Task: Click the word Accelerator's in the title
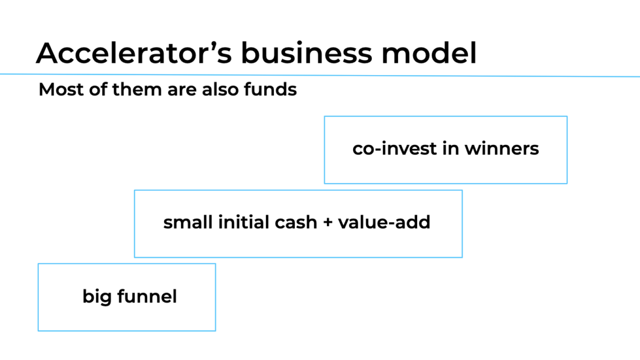(x=134, y=53)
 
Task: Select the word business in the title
(x=307, y=53)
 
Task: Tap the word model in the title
(x=429, y=53)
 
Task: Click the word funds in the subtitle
(x=270, y=90)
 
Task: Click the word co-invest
(x=394, y=148)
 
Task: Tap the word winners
(x=502, y=148)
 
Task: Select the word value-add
(x=384, y=222)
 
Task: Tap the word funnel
(x=147, y=297)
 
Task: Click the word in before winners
(x=450, y=148)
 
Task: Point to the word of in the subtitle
(x=98, y=90)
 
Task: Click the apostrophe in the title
(x=214, y=45)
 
